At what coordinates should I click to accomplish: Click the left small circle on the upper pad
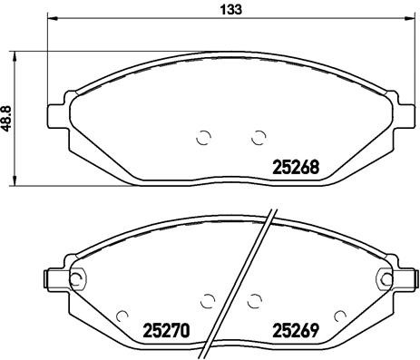pos(203,137)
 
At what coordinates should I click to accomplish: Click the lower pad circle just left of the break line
pos(208,300)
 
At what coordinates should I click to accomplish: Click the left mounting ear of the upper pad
pos(58,114)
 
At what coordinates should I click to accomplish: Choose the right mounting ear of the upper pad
pos(405,114)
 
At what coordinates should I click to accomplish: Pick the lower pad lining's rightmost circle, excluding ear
pos(340,315)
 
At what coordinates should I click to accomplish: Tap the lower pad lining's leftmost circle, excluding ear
pos(122,315)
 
